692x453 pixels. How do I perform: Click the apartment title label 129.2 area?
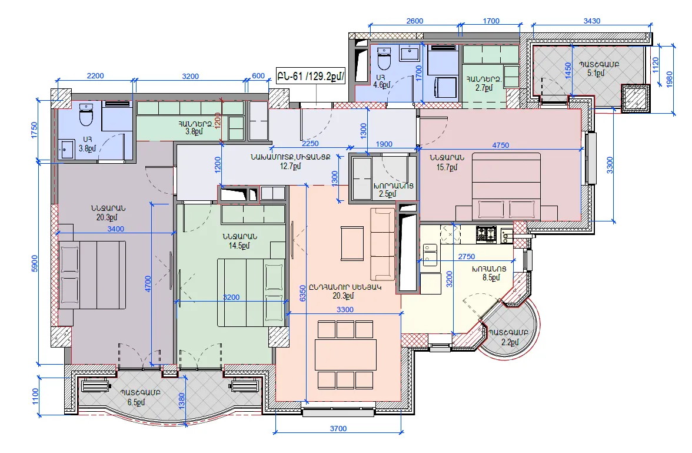click(310, 76)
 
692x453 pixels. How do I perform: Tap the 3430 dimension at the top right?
click(591, 21)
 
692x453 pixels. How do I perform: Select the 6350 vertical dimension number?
click(302, 293)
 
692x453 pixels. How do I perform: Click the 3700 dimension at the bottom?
click(338, 428)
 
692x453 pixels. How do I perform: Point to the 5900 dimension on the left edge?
click(34, 263)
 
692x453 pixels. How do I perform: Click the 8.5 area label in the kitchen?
click(491, 277)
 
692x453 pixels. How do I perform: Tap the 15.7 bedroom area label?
click(447, 167)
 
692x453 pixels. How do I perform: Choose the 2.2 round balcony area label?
click(510, 342)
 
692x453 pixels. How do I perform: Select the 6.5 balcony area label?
click(136, 402)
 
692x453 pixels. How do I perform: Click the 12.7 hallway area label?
click(291, 166)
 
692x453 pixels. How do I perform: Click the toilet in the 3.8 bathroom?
click(86, 114)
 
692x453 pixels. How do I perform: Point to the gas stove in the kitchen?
click(487, 234)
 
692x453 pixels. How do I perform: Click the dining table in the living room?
click(345, 355)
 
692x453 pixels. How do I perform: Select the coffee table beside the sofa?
click(352, 243)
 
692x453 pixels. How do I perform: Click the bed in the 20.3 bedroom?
click(92, 275)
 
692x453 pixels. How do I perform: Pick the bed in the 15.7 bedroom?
click(507, 186)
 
